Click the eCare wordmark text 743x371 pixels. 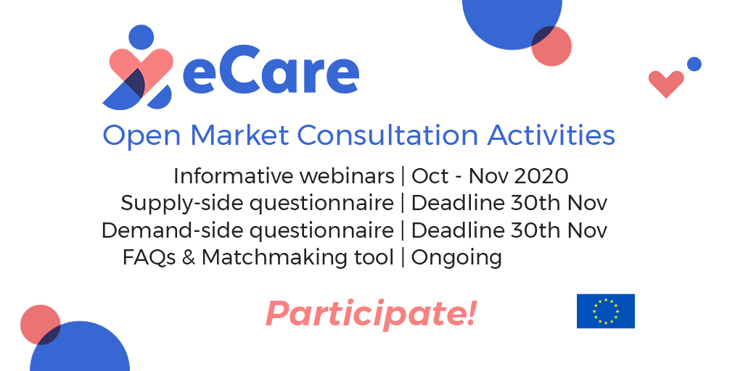pyautogui.click(x=271, y=75)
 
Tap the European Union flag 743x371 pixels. pyautogui.click(x=606, y=311)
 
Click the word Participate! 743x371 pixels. pyautogui.click(x=371, y=314)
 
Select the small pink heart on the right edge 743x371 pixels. pyautogui.click(x=666, y=83)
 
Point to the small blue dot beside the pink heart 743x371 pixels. pyautogui.click(x=694, y=64)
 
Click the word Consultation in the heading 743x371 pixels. pyautogui.click(x=387, y=135)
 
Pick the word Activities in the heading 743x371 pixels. pyautogui.click(x=551, y=135)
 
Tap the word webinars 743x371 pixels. pyautogui.click(x=348, y=176)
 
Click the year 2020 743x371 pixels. pyautogui.click(x=541, y=176)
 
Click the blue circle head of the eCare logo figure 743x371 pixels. pyautogui.click(x=141, y=37)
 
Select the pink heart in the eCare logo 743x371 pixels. pyautogui.click(x=141, y=71)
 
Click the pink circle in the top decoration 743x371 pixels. pyautogui.click(x=551, y=46)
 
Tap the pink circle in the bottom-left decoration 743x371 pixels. pyautogui.click(x=41, y=325)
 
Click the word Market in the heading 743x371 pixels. pyautogui.click(x=239, y=135)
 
